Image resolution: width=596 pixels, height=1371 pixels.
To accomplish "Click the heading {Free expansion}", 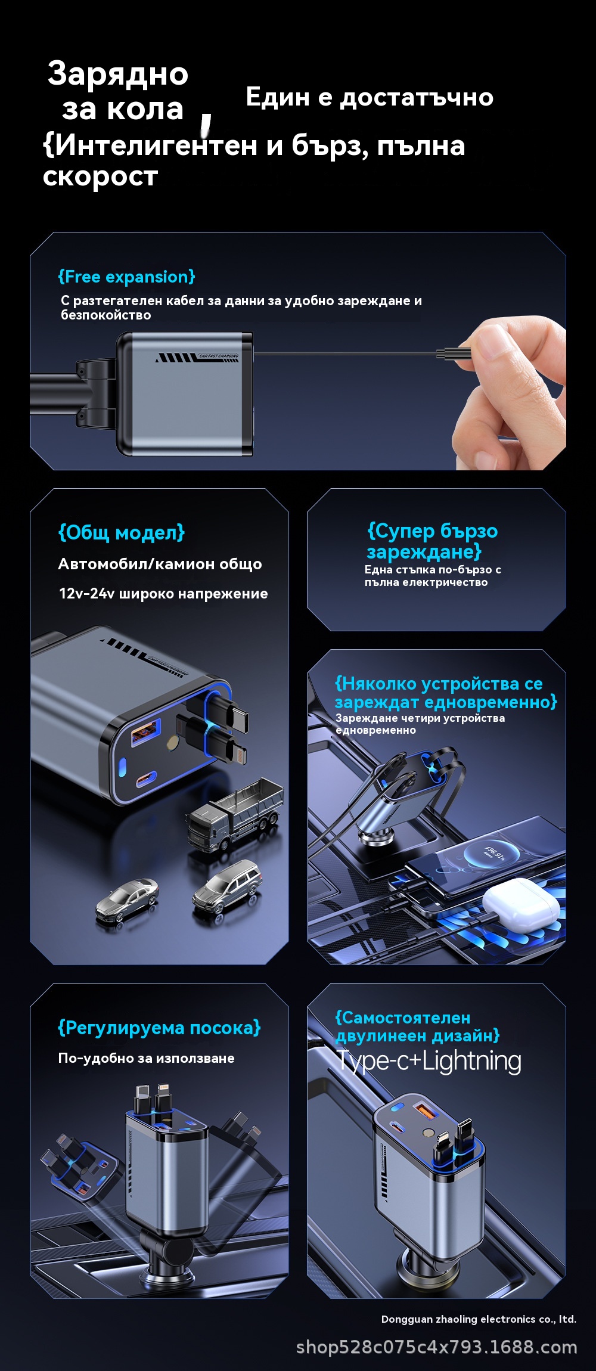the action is [126, 277].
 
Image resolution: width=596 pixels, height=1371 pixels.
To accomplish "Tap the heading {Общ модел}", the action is [122, 533].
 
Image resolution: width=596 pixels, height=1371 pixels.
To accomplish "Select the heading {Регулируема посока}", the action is [159, 1028].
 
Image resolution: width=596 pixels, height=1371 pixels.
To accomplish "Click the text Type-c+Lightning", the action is [429, 1061].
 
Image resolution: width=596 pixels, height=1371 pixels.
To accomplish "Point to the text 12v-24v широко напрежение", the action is [163, 594].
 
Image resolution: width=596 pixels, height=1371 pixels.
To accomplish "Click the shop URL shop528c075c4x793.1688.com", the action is [437, 1347].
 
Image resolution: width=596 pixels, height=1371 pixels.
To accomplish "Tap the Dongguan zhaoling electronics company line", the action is [479, 1319].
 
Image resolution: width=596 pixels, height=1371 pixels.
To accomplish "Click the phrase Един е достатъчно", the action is [370, 97].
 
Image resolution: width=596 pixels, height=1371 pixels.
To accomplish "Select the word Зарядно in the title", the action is [118, 74].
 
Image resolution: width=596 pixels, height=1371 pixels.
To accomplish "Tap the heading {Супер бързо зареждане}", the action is [433, 541].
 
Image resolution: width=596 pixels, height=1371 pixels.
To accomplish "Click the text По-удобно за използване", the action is [146, 1058].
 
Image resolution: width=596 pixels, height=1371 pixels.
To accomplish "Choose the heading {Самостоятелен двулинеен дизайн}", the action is [417, 1026].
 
